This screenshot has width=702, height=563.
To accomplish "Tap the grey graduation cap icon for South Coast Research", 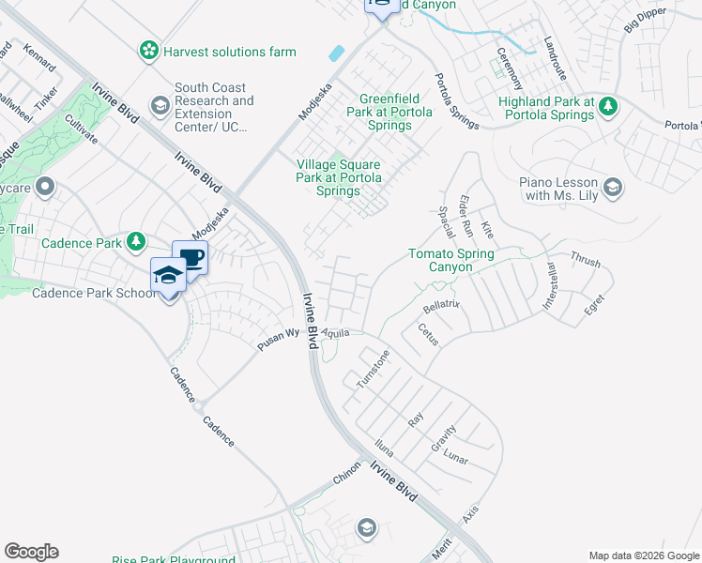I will pyautogui.click(x=160, y=104).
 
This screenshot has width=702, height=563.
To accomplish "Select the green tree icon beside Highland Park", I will pyautogui.click(x=608, y=104).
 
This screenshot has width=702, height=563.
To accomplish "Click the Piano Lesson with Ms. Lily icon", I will pyautogui.click(x=614, y=188).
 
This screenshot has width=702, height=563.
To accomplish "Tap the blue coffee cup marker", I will pyautogui.click(x=191, y=259).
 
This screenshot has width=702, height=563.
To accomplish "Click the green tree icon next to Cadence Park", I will pyautogui.click(x=136, y=243).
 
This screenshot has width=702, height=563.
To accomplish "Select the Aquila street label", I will pyautogui.click(x=335, y=333).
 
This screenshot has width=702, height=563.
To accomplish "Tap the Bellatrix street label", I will pyautogui.click(x=440, y=307).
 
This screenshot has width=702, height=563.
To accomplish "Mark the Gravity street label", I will pyautogui.click(x=445, y=434).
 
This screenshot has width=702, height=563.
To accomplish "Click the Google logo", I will pyautogui.click(x=31, y=552).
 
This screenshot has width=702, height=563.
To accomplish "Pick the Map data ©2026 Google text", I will pyautogui.click(x=644, y=555).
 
